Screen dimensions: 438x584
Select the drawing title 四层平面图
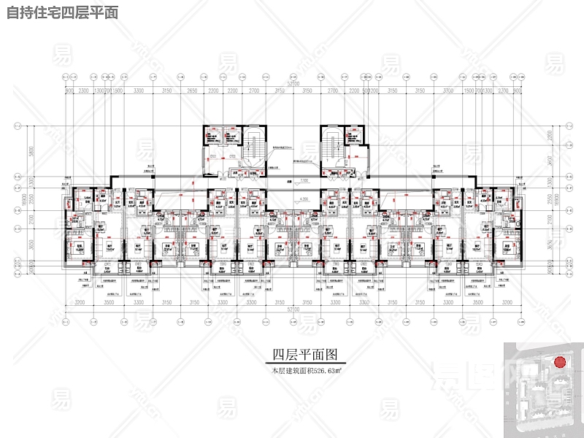point(304,356)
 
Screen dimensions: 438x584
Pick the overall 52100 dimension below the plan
point(293,309)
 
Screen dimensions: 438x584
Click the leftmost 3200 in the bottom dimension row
point(80,301)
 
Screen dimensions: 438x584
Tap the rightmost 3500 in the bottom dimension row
point(478,301)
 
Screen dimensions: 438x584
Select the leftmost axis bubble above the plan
point(66,75)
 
